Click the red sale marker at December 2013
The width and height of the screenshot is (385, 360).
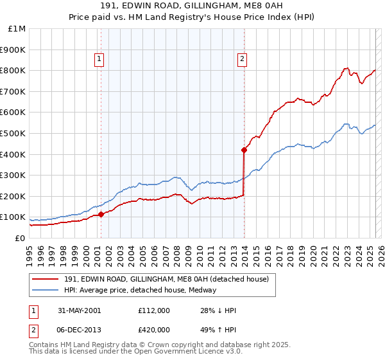(244, 150)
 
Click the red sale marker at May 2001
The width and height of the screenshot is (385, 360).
(101, 215)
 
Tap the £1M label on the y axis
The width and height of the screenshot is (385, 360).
(17, 28)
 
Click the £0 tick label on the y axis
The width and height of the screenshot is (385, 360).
(21, 238)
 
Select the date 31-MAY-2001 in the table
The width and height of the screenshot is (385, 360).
(79, 310)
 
